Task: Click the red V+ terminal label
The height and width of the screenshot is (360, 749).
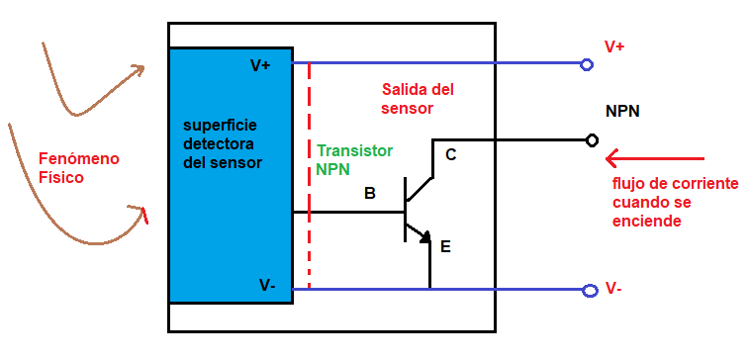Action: pyautogui.click(x=614, y=46)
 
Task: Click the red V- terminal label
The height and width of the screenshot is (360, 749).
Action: pyautogui.click(x=613, y=289)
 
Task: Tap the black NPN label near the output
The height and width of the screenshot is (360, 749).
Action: pyautogui.click(x=622, y=111)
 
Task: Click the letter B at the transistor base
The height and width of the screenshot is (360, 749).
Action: pyautogui.click(x=369, y=193)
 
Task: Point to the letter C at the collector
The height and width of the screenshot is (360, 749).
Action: pyautogui.click(x=451, y=154)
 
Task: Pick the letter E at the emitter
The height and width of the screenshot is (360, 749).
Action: pyautogui.click(x=445, y=246)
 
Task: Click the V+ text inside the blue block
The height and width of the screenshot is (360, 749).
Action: pyautogui.click(x=261, y=65)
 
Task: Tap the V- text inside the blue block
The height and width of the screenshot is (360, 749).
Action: pyautogui.click(x=267, y=285)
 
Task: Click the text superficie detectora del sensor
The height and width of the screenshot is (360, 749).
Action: pyautogui.click(x=224, y=144)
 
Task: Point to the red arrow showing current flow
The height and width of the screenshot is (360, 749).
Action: pyautogui.click(x=653, y=158)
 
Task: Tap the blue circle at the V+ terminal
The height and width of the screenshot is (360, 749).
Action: pyautogui.click(x=587, y=65)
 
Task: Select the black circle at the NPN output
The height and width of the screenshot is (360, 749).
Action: pyautogui.click(x=592, y=139)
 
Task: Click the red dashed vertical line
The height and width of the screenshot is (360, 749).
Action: pyautogui.click(x=309, y=178)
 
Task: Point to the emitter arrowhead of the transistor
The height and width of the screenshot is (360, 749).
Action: pyautogui.click(x=424, y=236)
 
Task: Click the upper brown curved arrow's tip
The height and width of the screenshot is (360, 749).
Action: pyautogui.click(x=141, y=68)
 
